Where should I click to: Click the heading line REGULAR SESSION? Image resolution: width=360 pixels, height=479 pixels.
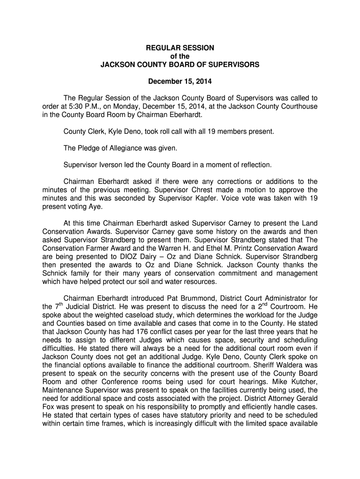pyautogui.click(x=180, y=48)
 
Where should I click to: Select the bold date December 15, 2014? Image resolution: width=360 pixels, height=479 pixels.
pyautogui.click(x=180, y=81)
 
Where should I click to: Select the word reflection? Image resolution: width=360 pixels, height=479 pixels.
pyautogui.click(x=255, y=165)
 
